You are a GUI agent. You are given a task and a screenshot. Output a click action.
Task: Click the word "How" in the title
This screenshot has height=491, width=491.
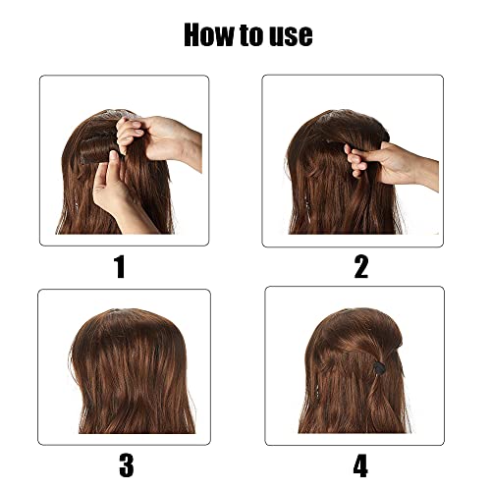pyautogui.click(x=210, y=35)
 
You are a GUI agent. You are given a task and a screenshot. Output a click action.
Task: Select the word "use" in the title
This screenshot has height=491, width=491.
pyautogui.click(x=294, y=35)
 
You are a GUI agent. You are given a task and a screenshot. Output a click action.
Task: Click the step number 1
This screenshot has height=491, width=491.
pyautogui.click(x=120, y=266)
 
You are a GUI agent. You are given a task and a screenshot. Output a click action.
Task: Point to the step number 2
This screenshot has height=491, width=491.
pyautogui.click(x=360, y=266)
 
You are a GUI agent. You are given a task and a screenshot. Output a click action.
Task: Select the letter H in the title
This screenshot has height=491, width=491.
pyautogui.click(x=194, y=35)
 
